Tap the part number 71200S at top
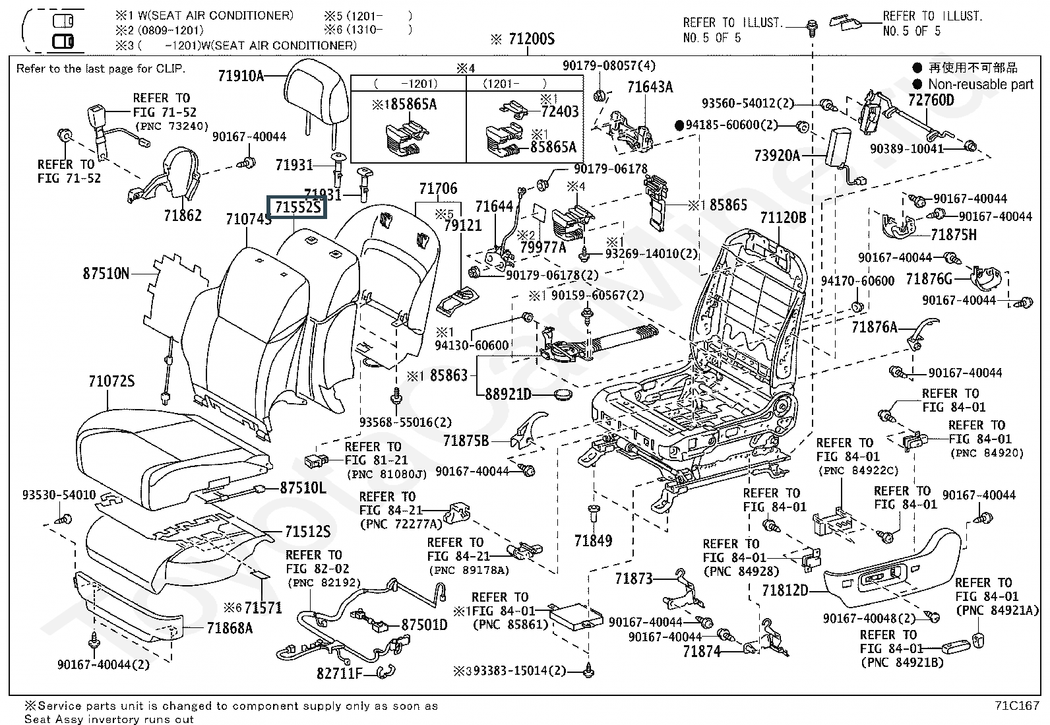click(531, 40)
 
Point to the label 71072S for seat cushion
click(111, 381)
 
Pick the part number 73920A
click(776, 156)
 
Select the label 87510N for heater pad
click(106, 272)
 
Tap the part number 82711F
click(340, 674)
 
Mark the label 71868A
click(230, 628)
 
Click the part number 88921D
click(508, 394)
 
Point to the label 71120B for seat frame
click(783, 218)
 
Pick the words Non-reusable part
click(980, 84)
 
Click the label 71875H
click(953, 235)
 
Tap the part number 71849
click(593, 541)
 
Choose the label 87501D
click(424, 624)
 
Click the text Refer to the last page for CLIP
click(101, 69)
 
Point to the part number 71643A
click(650, 87)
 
